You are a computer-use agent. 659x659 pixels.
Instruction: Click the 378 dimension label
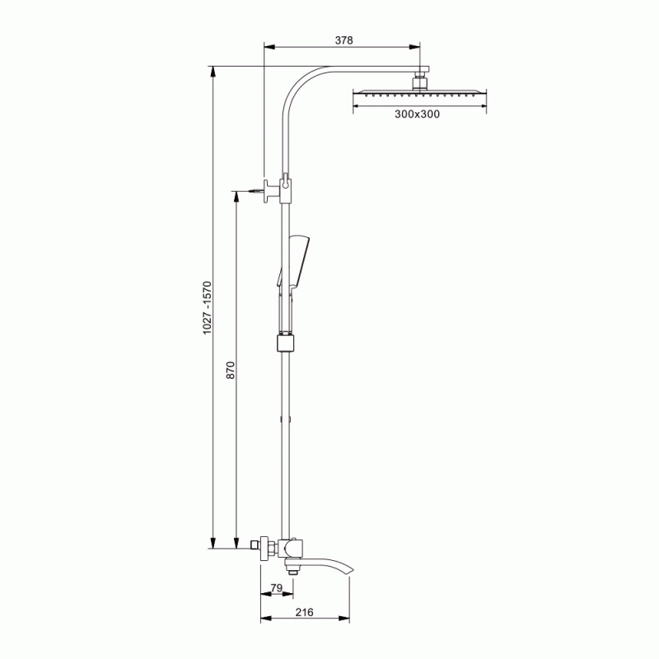click(344, 40)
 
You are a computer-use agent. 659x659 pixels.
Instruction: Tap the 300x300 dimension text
click(417, 114)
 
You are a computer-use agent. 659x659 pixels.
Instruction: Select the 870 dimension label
click(231, 370)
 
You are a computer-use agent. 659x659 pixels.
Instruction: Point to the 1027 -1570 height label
click(208, 307)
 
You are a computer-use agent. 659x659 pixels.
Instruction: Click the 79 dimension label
click(276, 588)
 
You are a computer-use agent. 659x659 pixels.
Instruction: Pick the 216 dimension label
click(304, 612)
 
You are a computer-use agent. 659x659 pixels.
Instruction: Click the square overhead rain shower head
click(419, 93)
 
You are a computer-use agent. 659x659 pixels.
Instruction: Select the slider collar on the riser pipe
click(286, 343)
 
